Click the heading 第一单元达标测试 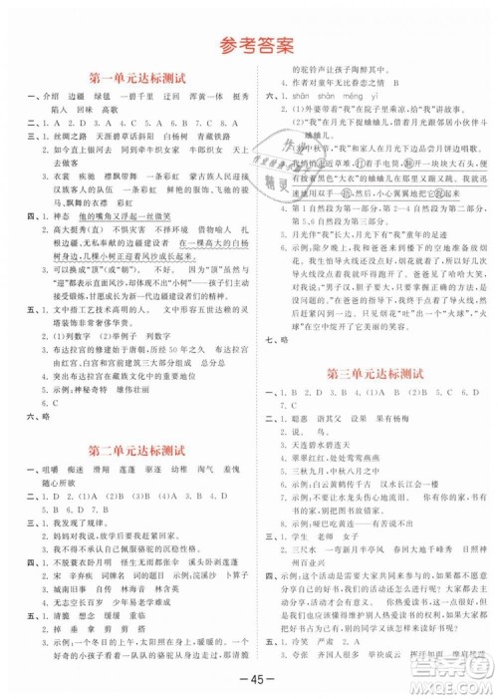tap(132, 77)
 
